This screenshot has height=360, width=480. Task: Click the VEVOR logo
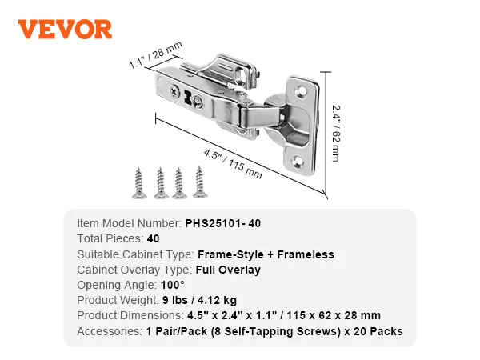(66, 29)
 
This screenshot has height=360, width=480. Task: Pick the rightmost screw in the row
(198, 182)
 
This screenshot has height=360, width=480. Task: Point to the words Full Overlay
(228, 270)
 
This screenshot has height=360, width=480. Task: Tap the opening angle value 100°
(172, 285)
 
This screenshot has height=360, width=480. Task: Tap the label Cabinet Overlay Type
(133, 270)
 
